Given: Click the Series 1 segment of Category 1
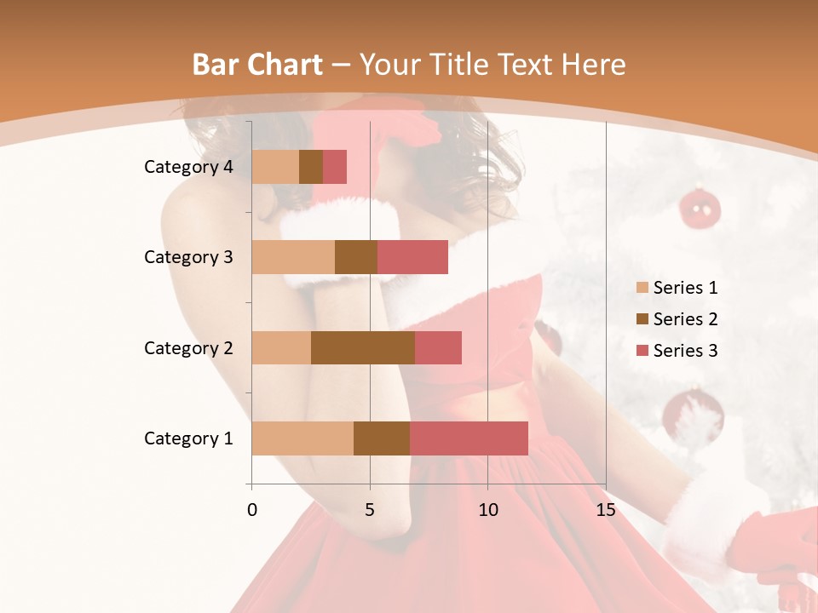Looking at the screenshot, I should pyautogui.click(x=302, y=438).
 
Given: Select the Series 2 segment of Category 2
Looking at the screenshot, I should pyautogui.click(x=363, y=347).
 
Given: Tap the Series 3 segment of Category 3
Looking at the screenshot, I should pyautogui.click(x=412, y=257).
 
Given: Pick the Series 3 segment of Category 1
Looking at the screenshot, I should pyautogui.click(x=469, y=438).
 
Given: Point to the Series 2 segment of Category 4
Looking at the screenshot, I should pyautogui.click(x=311, y=167).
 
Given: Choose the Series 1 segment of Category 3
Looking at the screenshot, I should pyautogui.click(x=293, y=257).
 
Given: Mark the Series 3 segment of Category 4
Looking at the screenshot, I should pyautogui.click(x=335, y=167).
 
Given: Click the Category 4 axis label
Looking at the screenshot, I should pyautogui.click(x=188, y=167).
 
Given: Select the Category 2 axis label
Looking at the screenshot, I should pyautogui.click(x=188, y=347).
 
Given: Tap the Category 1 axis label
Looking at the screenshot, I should pyautogui.click(x=188, y=438).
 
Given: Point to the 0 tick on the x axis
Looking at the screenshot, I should pyautogui.click(x=252, y=510).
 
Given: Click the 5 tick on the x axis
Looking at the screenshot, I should pyautogui.click(x=370, y=510).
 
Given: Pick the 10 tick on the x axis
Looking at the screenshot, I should pyautogui.click(x=487, y=510).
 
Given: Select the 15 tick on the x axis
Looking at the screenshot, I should pyautogui.click(x=605, y=510).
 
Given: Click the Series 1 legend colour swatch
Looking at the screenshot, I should pyautogui.click(x=642, y=288).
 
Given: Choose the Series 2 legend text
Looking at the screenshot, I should pyautogui.click(x=685, y=319).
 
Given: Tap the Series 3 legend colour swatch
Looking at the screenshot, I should pyautogui.click(x=642, y=351).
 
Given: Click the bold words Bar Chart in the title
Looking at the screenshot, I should pyautogui.click(x=257, y=65).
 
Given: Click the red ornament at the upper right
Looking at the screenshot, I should pyautogui.click(x=700, y=208).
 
